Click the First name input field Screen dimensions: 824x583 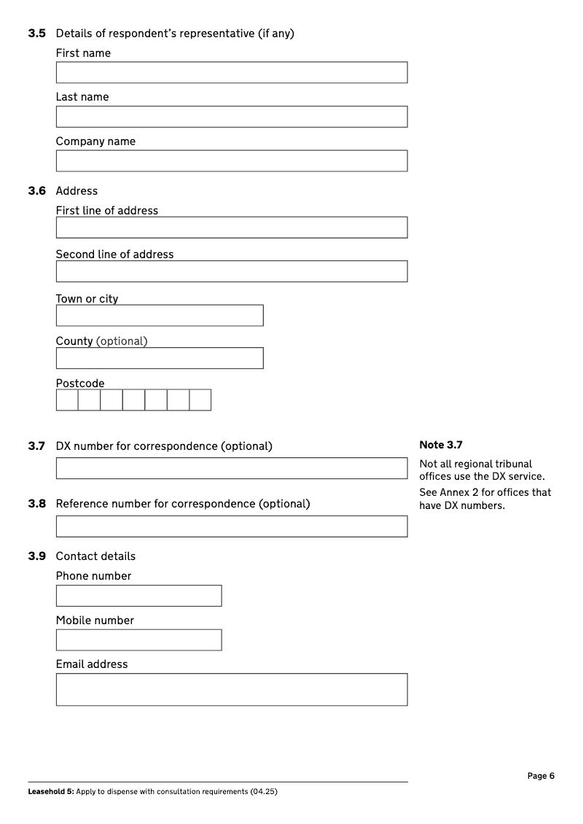(232, 72)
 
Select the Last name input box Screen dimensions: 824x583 (232, 117)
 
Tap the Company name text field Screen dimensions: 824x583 (232, 161)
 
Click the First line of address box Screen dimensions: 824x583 (232, 228)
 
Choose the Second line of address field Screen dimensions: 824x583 (232, 271)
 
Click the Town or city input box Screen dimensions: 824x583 (160, 316)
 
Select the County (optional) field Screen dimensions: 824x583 (160, 358)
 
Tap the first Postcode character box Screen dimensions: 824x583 (67, 400)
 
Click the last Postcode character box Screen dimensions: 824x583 (200, 400)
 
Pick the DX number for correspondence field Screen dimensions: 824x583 (232, 468)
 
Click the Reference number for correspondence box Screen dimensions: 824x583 (232, 526)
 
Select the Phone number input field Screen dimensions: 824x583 (138, 596)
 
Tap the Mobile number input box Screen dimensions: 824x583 (138, 640)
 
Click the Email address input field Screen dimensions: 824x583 (232, 689)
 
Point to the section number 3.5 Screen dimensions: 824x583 (37, 34)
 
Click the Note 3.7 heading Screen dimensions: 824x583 (441, 445)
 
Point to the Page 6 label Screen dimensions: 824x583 (541, 776)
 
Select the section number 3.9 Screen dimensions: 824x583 (37, 556)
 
